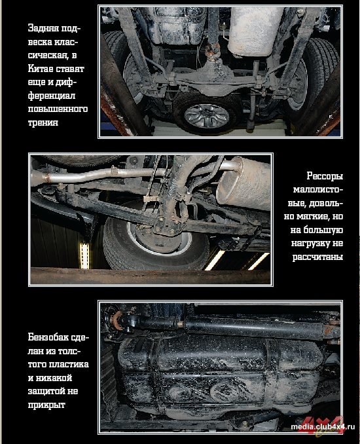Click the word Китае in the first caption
point(40,69)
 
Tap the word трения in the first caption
point(43,122)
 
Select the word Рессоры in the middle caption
point(325,176)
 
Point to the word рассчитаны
point(317,257)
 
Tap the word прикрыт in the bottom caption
point(46,405)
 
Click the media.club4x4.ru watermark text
point(323,427)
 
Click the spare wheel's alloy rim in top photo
point(207,116)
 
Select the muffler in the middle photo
point(244,183)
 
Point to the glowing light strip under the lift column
point(84,255)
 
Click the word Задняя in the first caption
point(43,29)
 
